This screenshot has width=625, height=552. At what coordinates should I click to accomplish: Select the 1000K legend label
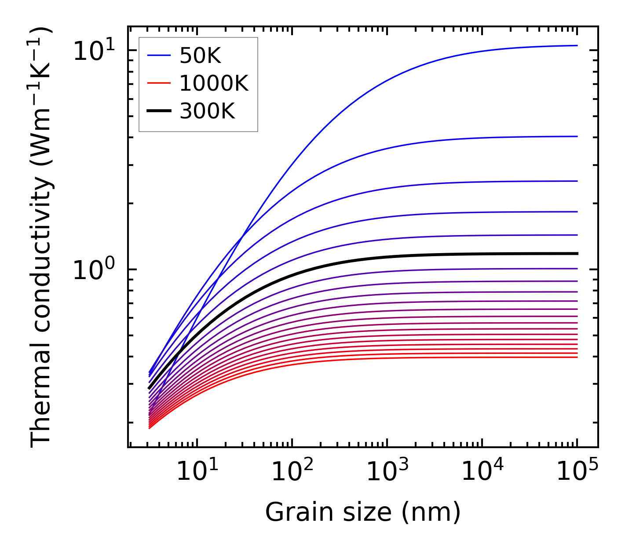point(214,83)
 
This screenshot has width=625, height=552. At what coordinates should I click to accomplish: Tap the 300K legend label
point(207,111)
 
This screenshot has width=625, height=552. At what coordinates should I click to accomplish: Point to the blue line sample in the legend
point(158,55)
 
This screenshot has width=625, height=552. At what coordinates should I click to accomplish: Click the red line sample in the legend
point(158,83)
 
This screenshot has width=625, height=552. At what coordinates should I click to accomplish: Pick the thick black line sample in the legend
point(158,111)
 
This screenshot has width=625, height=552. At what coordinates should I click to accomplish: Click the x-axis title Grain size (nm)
point(363,512)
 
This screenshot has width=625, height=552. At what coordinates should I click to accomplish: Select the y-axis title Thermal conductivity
point(42,238)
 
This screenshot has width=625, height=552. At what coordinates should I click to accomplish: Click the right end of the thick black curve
point(577,254)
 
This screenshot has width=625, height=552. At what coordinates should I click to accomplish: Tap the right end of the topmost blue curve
point(577,45)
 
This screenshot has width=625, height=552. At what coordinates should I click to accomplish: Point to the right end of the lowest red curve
point(577,357)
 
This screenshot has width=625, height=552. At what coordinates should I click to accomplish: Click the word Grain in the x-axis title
point(291,512)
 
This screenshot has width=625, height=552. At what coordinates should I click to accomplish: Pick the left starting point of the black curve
point(150,388)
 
